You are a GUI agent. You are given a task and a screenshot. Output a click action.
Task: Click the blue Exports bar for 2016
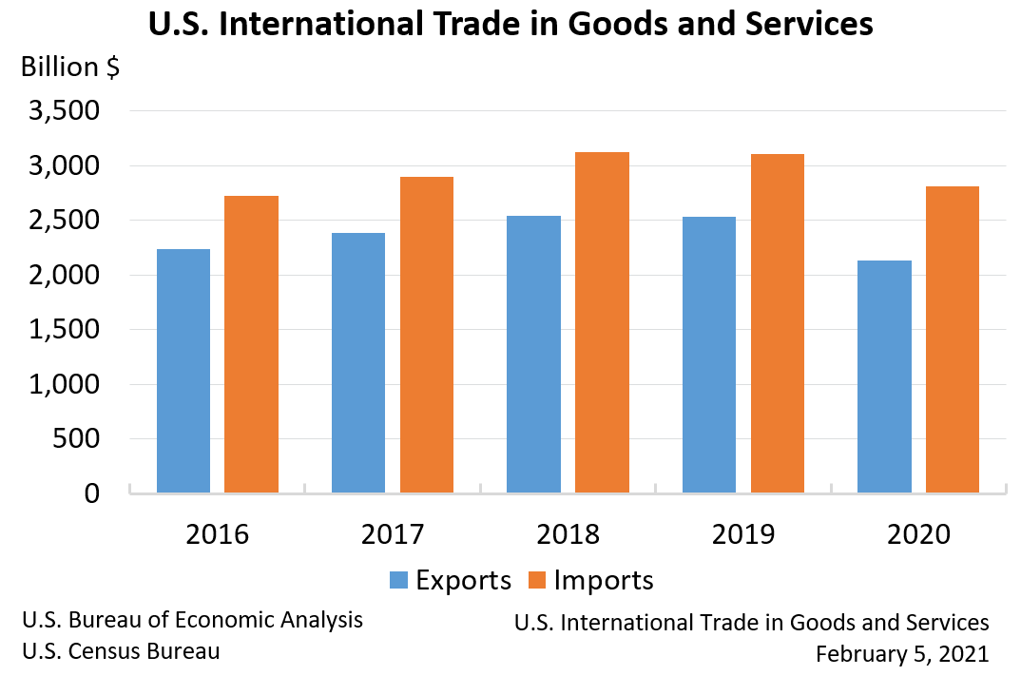183,371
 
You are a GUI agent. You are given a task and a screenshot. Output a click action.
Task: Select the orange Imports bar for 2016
252,344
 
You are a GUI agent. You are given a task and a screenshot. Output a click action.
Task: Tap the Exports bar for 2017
358,362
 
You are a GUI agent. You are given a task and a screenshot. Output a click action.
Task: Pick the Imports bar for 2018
602,322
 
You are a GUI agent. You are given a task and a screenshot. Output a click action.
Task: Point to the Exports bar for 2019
708,355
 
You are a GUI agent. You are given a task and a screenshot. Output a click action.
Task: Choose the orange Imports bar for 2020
953,339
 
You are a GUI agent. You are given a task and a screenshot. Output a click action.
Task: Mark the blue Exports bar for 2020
884,377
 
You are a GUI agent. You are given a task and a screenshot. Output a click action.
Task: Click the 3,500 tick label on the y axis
65,111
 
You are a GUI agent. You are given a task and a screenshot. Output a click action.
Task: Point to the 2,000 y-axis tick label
65,276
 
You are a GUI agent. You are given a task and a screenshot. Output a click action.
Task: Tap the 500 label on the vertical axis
77,439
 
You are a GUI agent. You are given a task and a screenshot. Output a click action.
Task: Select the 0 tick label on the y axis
91,493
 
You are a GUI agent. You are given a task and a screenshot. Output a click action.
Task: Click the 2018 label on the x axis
568,534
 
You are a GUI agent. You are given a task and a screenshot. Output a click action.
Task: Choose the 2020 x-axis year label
918,534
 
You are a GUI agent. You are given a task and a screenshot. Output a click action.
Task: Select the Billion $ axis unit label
71,68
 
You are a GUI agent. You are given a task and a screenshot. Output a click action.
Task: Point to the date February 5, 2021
902,654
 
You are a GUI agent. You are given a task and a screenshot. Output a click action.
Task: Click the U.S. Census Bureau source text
121,651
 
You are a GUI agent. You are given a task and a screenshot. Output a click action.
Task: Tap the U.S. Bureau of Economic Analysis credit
192,620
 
